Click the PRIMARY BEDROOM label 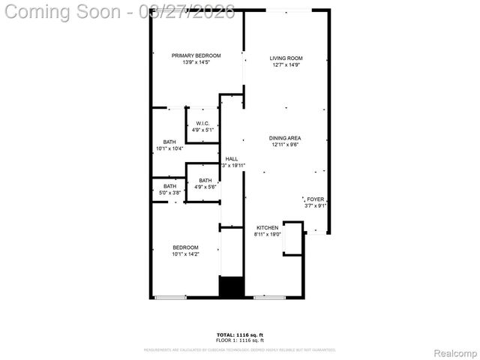[196, 55]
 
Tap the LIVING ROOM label [286, 58]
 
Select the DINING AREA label [285, 138]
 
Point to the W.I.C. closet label [202, 124]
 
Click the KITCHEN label [268, 228]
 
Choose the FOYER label [316, 199]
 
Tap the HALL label [232, 159]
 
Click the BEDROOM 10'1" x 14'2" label [185, 247]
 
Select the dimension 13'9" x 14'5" [196, 62]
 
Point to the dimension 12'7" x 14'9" [286, 65]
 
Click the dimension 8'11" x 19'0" [268, 235]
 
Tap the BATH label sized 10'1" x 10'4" [169, 142]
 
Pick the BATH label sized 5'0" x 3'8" [169, 186]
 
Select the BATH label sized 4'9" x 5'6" [205, 180]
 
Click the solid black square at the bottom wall [232, 288]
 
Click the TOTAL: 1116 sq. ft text [240, 334]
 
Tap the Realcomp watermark [456, 352]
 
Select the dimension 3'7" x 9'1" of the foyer [316, 205]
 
